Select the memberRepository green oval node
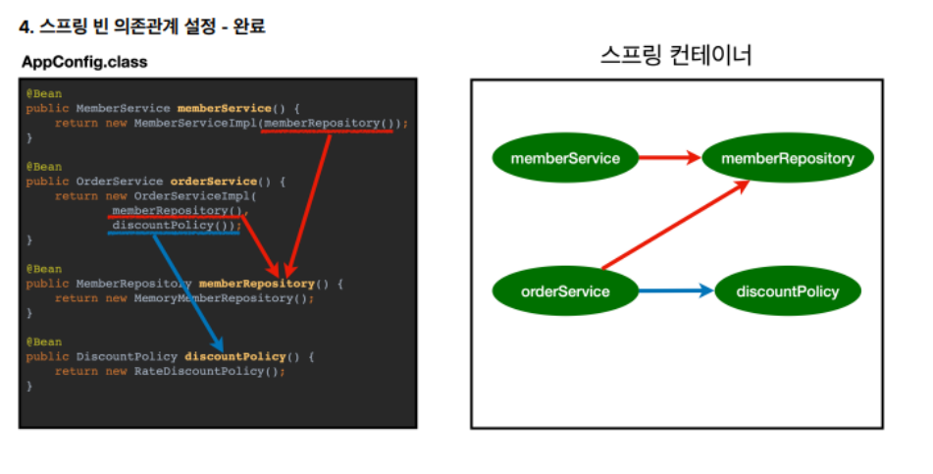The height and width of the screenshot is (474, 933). click(788, 158)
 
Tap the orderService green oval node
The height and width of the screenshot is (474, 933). click(565, 290)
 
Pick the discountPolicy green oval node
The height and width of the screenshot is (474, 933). click(788, 290)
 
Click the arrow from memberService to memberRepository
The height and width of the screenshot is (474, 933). click(670, 157)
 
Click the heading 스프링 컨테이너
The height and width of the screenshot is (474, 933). click(676, 55)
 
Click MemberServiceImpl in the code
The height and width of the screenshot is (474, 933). click(195, 124)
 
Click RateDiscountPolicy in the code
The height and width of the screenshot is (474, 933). click(205, 372)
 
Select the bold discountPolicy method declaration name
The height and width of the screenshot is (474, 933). click(235, 356)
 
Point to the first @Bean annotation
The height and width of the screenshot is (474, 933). click(44, 93)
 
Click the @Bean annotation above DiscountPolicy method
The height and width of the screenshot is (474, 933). click(44, 342)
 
